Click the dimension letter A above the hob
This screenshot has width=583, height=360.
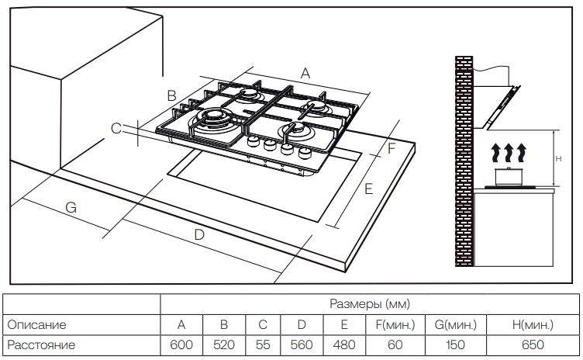click(305, 74)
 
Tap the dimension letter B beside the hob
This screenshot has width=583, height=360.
click(171, 95)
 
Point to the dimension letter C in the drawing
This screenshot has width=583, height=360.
click(116, 129)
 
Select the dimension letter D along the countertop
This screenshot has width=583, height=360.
click(199, 235)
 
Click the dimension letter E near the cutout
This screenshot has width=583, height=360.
click(368, 189)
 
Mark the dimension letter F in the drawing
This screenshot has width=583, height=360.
click(392, 148)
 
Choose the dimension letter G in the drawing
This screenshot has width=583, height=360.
click(71, 207)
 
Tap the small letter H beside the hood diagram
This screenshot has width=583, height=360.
click(558, 159)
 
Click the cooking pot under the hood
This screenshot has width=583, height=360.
click(509, 176)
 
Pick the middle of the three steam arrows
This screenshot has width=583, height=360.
click(509, 153)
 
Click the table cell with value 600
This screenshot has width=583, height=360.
click(181, 344)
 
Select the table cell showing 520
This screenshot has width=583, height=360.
click(224, 344)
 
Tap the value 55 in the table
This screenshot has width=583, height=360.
click(263, 344)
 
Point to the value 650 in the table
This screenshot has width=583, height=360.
click(533, 344)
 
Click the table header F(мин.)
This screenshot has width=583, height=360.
click(395, 324)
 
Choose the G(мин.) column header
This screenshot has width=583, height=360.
click(456, 324)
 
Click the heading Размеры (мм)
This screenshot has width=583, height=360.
click(370, 304)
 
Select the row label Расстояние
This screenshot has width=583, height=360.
click(41, 344)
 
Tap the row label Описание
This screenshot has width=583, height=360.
click(36, 324)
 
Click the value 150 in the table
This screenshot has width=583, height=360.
click(456, 344)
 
